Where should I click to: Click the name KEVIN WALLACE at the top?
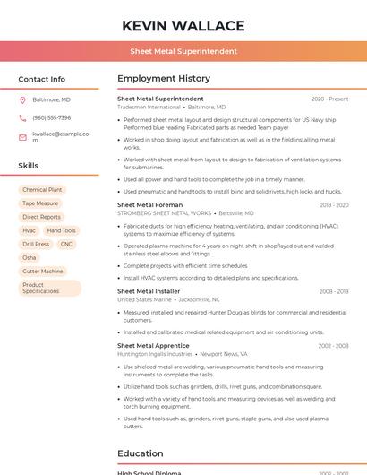[183, 26]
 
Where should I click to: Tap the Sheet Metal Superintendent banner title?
[183, 51]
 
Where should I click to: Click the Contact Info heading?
[41, 79]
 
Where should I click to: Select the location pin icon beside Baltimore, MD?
[22, 99]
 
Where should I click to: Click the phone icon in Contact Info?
[22, 117]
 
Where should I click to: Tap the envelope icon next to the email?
[22, 137]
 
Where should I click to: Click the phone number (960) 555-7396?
[51, 117]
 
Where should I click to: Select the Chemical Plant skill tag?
[42, 190]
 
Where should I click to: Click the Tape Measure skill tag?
[40, 203]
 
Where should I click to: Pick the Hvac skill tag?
[30, 230]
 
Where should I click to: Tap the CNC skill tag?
[66, 244]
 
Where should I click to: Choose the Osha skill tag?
[30, 257]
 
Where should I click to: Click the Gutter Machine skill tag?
[43, 271]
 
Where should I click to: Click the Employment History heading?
[164, 79]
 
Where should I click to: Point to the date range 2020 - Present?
[329, 99]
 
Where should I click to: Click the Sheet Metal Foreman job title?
[149, 205]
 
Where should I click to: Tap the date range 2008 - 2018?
[333, 291]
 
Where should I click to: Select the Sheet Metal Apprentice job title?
[153, 346]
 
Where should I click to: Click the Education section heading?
[140, 453]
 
